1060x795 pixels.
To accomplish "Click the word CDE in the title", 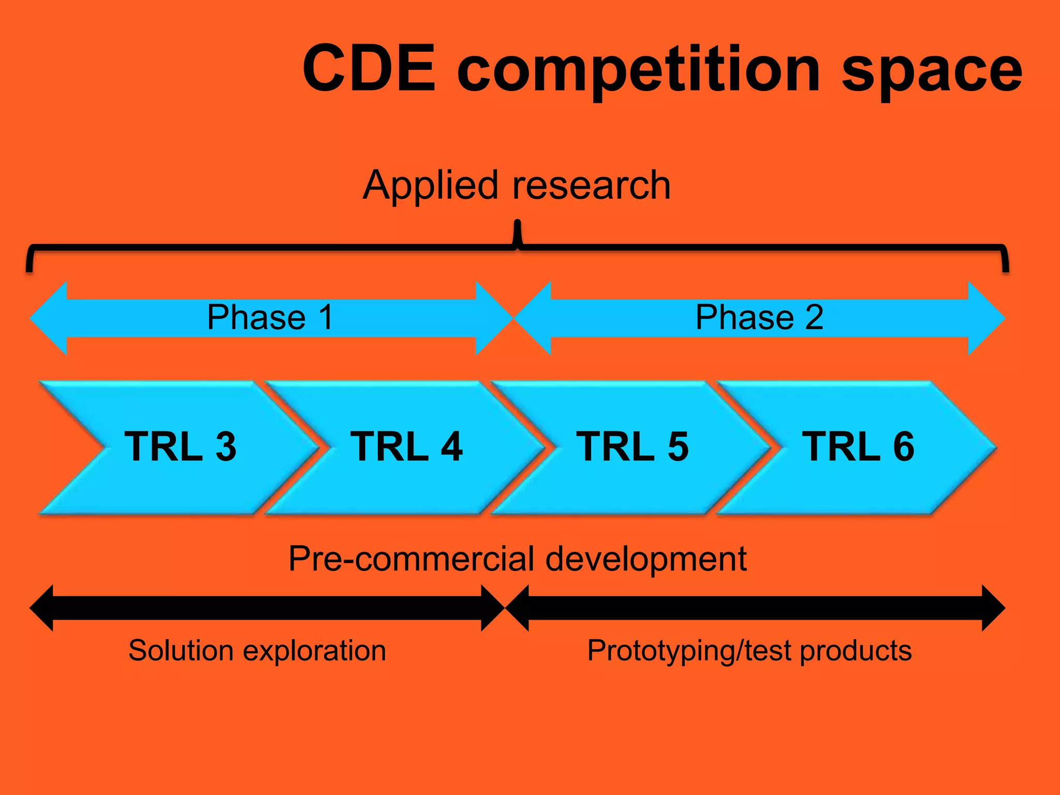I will pos(369,68).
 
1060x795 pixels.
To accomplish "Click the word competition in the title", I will pos(639,70).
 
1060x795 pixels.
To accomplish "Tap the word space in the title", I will pos(932,70).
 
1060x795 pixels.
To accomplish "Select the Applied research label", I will pos(517,185).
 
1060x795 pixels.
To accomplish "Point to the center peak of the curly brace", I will pos(517,228).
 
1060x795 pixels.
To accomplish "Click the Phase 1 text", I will pos(270,317).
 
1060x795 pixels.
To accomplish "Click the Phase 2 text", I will pos(759,317).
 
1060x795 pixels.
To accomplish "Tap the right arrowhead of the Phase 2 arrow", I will pos(986,318).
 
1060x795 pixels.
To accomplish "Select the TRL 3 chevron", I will pos(180,447).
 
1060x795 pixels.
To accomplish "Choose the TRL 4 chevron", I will pos(406,447).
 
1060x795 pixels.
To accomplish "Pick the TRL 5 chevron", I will pos(632,447).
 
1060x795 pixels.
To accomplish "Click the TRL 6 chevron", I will pos(858,447).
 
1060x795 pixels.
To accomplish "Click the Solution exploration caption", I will pos(257,651).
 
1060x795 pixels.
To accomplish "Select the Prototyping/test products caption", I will pos(749,651).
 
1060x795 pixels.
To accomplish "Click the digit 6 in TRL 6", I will pos(904,447).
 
